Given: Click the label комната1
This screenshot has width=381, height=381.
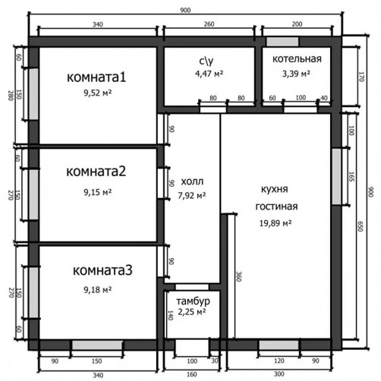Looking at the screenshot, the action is pos(96,77).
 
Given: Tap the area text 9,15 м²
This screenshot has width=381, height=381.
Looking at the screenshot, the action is pos(98,192).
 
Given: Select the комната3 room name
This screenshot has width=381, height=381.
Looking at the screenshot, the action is pos(102,270).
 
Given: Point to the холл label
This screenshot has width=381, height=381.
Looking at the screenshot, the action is pos(192,181).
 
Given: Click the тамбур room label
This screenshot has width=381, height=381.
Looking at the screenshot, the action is pos(193,301).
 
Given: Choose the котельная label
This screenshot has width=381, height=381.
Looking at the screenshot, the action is pos(297,58).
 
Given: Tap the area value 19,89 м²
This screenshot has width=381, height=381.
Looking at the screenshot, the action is pos(276,223).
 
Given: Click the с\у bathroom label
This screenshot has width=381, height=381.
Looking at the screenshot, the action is pos(206,61).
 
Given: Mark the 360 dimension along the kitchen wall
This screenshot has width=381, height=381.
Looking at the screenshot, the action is pos(239,276).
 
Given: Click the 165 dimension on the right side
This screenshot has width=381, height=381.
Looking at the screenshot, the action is pos(351,177).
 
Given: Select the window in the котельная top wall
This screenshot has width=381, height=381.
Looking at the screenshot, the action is pos(282,42).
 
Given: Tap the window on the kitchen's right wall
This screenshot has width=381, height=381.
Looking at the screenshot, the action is pos(336,177).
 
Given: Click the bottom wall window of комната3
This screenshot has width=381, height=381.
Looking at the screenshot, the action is pos(97,345).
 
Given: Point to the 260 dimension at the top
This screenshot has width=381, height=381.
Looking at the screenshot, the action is pos(209,24).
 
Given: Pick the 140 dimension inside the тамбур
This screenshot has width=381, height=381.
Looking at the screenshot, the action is pos(170,315).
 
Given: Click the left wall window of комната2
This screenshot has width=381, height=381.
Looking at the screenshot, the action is pos(33,194).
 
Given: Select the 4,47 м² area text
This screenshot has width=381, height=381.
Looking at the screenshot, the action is pos(209,74).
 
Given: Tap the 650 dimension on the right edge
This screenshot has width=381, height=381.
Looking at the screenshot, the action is pos(361,226).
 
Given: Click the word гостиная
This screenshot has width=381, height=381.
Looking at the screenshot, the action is pos(276,206).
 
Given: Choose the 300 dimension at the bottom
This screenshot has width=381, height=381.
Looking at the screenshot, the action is pos(279,374).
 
